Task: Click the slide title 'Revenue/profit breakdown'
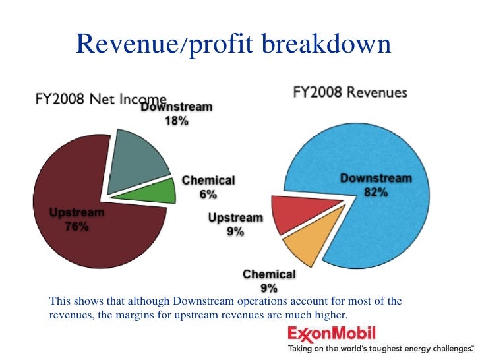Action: pos(234,44)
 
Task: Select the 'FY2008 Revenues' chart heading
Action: pos(349,93)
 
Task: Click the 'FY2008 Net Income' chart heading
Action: pos(99,98)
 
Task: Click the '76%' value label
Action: pos(76,227)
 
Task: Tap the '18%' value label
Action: pos(176,122)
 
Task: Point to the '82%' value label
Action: pos(376,193)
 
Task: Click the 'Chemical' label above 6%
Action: pos(208,180)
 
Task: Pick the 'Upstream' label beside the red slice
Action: pos(235,218)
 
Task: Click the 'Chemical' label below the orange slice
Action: pos(269,274)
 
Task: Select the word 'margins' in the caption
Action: pos(165,315)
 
